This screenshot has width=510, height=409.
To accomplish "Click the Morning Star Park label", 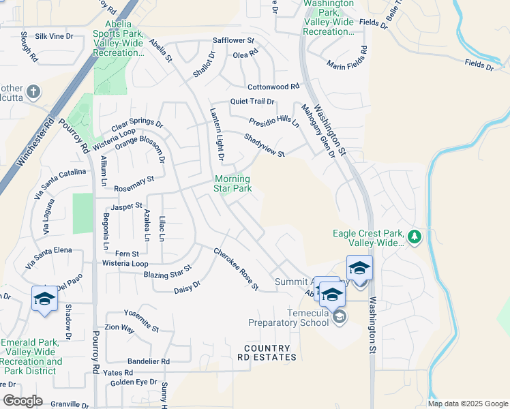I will pos(232,183).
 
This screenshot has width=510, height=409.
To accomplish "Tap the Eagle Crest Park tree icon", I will pos(414,237).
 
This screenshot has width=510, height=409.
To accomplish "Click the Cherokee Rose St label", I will pos(236,269).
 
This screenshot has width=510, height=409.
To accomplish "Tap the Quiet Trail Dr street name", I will pos(252,102).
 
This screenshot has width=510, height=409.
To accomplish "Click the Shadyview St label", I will pos(264,145).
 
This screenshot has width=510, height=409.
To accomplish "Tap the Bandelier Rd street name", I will pos(149,361).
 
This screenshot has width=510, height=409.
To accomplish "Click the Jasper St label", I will pos(127,205).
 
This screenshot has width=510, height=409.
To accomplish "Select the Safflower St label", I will pos(233,41).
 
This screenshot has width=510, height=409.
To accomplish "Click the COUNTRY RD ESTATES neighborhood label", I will pos(267,352).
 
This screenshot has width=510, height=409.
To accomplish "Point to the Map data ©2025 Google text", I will pos(467,404).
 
